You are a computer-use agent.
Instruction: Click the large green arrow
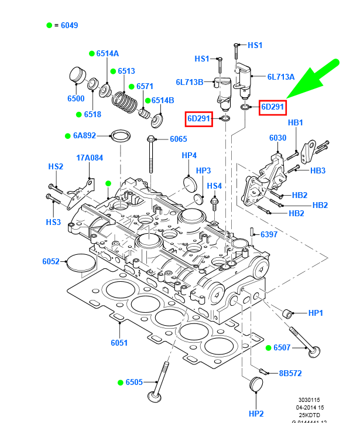pyautogui.click(x=316, y=82)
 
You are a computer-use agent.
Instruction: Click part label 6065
pyautogui.click(x=179, y=139)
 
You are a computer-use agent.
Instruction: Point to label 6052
pyautogui.click(x=51, y=261)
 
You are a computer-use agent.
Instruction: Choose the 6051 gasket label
pyautogui.click(x=119, y=343)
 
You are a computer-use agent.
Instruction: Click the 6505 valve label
pyautogui.click(x=134, y=383)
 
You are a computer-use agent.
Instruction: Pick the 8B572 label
pyautogui.click(x=289, y=372)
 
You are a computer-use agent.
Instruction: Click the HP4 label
pyautogui.click(x=189, y=156)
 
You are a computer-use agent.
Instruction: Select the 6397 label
pyautogui.click(x=269, y=234)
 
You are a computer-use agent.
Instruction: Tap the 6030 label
pyautogui.click(x=277, y=138)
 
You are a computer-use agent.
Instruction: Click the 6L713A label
pyautogui.click(x=281, y=76)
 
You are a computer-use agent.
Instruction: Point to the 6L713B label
pyautogui.click(x=189, y=81)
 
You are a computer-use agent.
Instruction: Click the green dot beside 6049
pyautogui.click(x=50, y=25)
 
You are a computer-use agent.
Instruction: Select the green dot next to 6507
pyautogui.click(x=269, y=348)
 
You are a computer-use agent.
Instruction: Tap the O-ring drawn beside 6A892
pyautogui.click(x=120, y=136)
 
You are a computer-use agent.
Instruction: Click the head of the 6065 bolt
pyautogui.click(x=150, y=139)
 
